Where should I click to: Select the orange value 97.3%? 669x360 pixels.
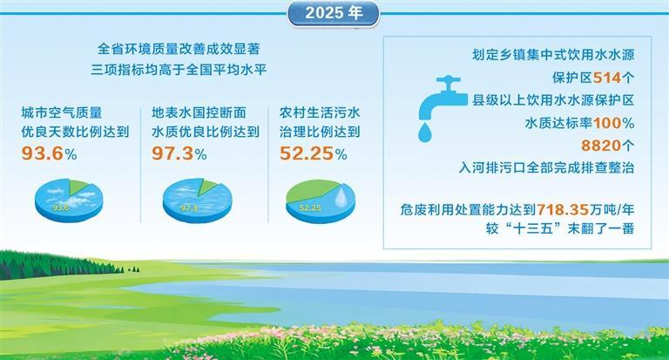click(179, 154)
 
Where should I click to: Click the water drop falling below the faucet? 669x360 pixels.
click(425, 132)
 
